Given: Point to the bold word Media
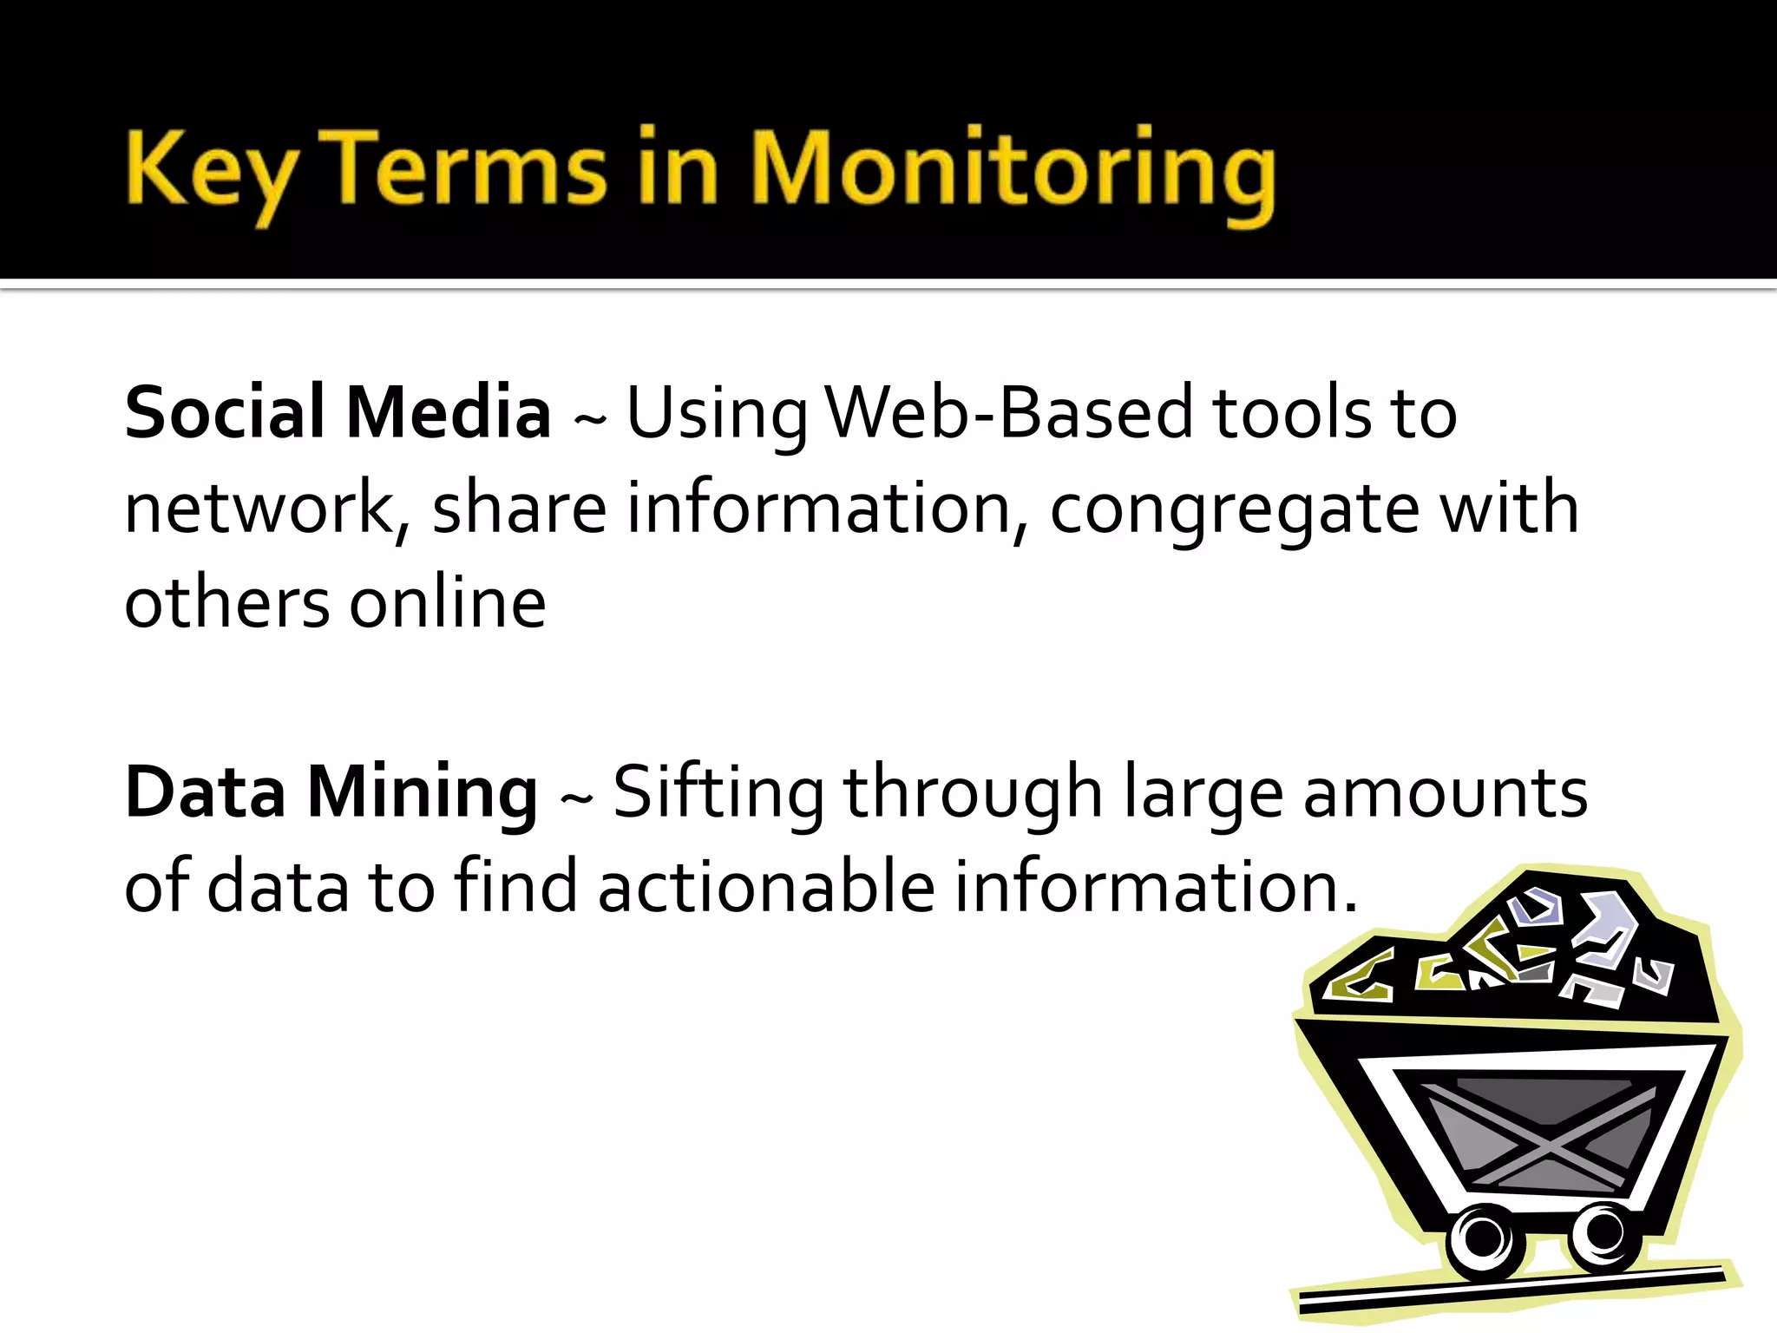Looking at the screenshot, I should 448,412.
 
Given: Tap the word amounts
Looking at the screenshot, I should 1445,792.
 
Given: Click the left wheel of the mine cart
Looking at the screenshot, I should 1484,1238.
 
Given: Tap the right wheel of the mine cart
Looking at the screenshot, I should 1603,1232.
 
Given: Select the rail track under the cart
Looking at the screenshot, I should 1514,1293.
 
